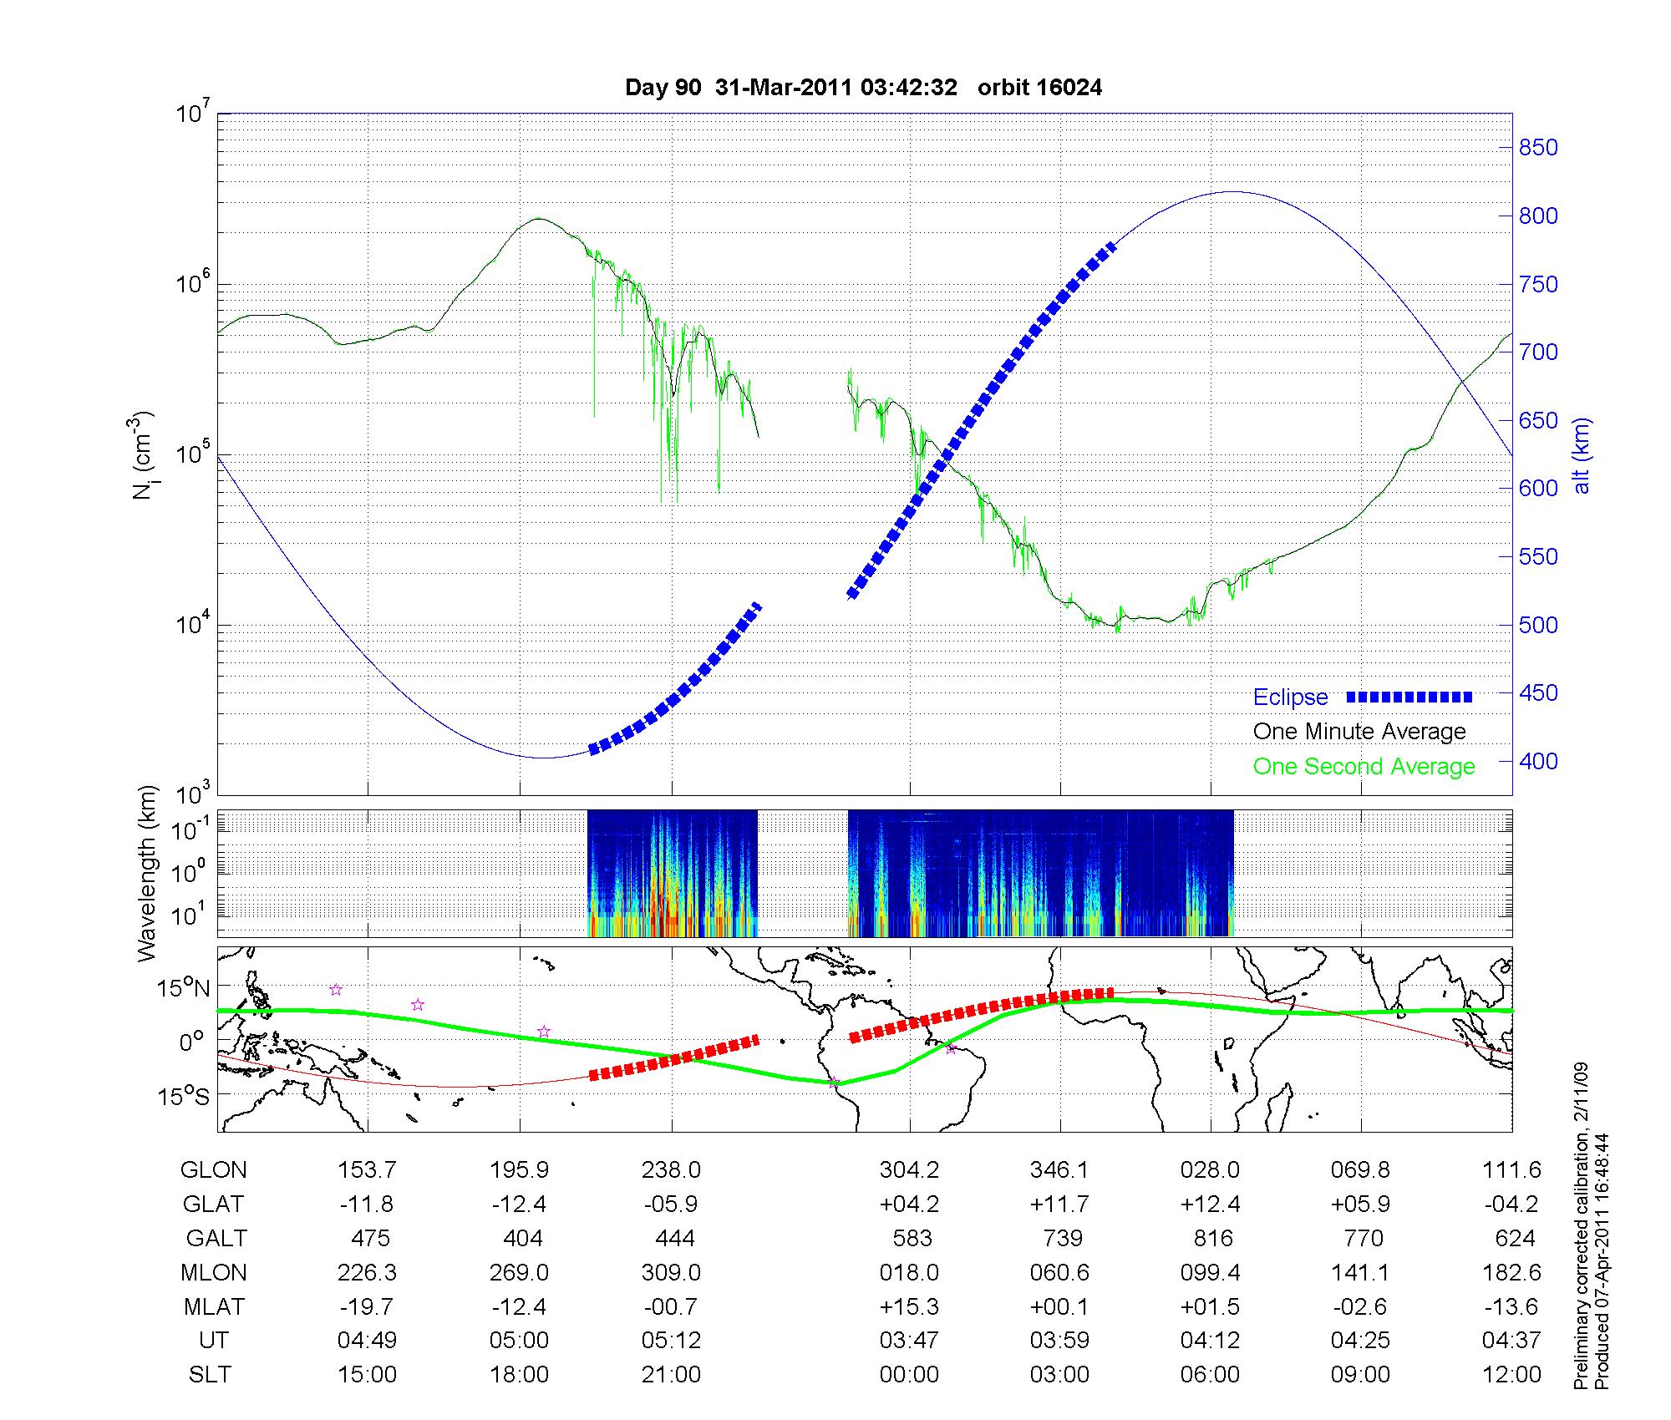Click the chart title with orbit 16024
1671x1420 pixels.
tap(863, 88)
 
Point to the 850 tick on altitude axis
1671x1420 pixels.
tap(1538, 148)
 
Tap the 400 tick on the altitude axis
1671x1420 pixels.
tap(1538, 761)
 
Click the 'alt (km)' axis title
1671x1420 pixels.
tap(1582, 455)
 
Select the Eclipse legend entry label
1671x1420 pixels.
tap(1290, 697)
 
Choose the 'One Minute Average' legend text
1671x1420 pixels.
tap(1359, 732)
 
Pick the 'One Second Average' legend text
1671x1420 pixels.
tap(1364, 767)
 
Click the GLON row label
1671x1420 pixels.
tap(213, 1170)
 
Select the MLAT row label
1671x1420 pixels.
tap(213, 1306)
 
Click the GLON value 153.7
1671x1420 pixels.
tap(367, 1170)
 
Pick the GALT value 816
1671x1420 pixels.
tap(1213, 1238)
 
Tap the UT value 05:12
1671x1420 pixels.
tap(671, 1341)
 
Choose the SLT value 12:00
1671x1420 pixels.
tap(1511, 1375)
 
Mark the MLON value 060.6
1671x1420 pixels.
tap(1059, 1272)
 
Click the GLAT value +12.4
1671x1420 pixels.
tap(1210, 1204)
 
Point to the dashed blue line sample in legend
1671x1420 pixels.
tap(1409, 697)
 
